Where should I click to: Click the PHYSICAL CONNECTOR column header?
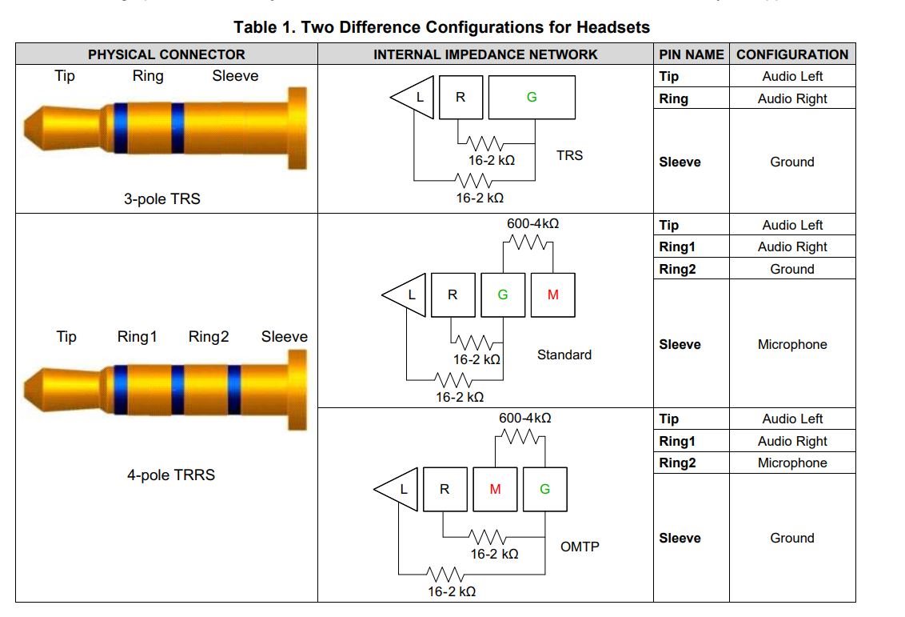[x=166, y=54]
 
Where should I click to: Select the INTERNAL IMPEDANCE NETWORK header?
[x=485, y=54]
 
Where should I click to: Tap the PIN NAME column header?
[x=692, y=54]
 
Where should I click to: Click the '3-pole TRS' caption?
[x=161, y=199]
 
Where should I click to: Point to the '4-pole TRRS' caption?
[x=171, y=475]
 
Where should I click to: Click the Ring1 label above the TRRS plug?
[x=138, y=337]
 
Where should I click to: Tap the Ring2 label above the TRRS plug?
[x=209, y=337]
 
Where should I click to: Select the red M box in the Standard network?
[x=552, y=294]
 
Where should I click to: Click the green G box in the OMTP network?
[x=544, y=489]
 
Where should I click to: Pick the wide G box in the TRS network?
[x=532, y=97]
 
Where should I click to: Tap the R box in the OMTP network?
[x=445, y=489]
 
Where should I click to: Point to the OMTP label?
[x=580, y=547]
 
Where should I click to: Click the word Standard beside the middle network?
[x=564, y=355]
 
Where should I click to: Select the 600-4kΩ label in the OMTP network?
[x=524, y=418]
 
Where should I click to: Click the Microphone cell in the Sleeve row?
[x=791, y=344]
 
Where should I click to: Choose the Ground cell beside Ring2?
[x=791, y=269]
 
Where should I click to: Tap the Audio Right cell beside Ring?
[x=791, y=98]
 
